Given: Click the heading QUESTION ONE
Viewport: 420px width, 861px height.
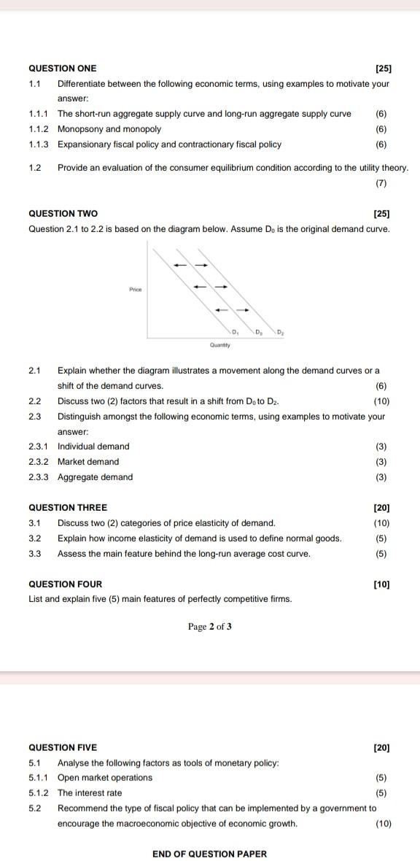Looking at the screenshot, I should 62,69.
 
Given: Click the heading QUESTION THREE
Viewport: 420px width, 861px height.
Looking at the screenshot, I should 67,507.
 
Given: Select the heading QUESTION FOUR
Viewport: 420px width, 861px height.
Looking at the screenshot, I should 65,584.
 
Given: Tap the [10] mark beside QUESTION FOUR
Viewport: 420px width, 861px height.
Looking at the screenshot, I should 381,584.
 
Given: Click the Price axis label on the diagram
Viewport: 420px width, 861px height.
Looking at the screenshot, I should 135,290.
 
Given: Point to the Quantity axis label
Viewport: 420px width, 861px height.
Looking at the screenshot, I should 219,344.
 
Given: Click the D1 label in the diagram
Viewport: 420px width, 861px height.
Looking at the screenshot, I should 235,331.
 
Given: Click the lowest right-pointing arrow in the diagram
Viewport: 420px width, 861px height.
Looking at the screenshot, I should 244,310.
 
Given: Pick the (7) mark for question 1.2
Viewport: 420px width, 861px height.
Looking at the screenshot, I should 381,183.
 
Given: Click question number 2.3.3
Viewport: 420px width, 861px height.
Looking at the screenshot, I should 39,477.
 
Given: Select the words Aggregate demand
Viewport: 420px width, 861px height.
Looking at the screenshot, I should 96,477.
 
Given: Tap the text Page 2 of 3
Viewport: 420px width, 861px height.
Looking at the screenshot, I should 210,626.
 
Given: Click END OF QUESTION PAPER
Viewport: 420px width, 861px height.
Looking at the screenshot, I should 210,854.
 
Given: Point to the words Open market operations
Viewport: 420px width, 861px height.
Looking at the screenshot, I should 105,778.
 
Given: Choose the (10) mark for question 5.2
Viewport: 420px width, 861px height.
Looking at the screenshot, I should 383,824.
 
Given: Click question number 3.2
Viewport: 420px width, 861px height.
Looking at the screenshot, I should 34,538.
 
